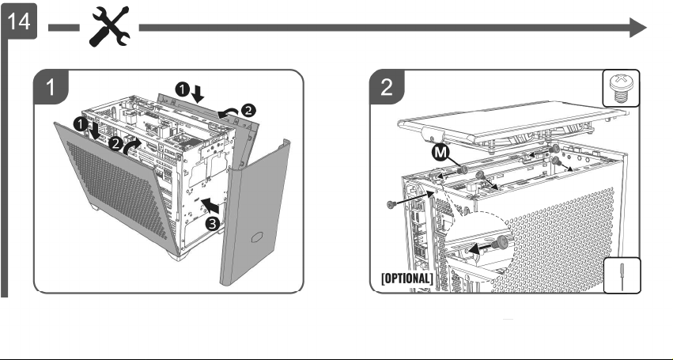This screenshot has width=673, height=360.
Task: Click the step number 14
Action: pyautogui.click(x=19, y=21)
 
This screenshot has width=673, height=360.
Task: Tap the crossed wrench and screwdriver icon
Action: pyautogui.click(x=109, y=27)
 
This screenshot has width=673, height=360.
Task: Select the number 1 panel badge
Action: pyautogui.click(x=51, y=87)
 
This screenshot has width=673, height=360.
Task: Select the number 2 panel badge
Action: pyautogui.click(x=387, y=87)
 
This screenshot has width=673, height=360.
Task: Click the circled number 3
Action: pyautogui.click(x=213, y=224)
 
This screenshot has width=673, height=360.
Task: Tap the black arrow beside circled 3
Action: pyautogui.click(x=210, y=206)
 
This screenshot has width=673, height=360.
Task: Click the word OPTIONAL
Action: pyautogui.click(x=407, y=278)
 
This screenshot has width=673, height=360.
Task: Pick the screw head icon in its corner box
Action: pyautogui.click(x=621, y=88)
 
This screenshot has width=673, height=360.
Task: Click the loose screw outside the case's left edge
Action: pyautogui.click(x=391, y=204)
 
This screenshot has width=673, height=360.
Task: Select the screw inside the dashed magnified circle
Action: pyautogui.click(x=500, y=244)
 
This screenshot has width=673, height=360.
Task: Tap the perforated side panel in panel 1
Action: pyautogui.click(x=116, y=184)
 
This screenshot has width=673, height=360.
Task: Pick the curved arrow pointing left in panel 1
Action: pyautogui.click(x=228, y=113)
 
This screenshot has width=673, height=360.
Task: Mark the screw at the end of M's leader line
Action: pyautogui.click(x=462, y=171)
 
